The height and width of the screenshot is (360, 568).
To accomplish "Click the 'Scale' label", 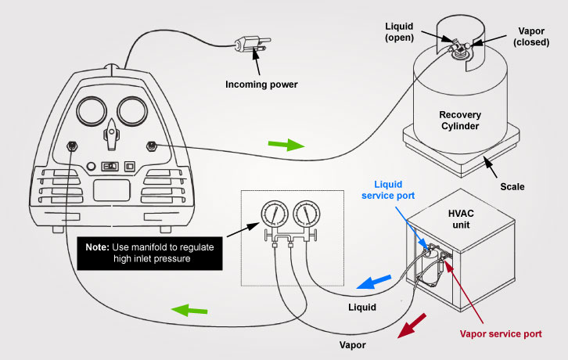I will pos(512,187).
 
